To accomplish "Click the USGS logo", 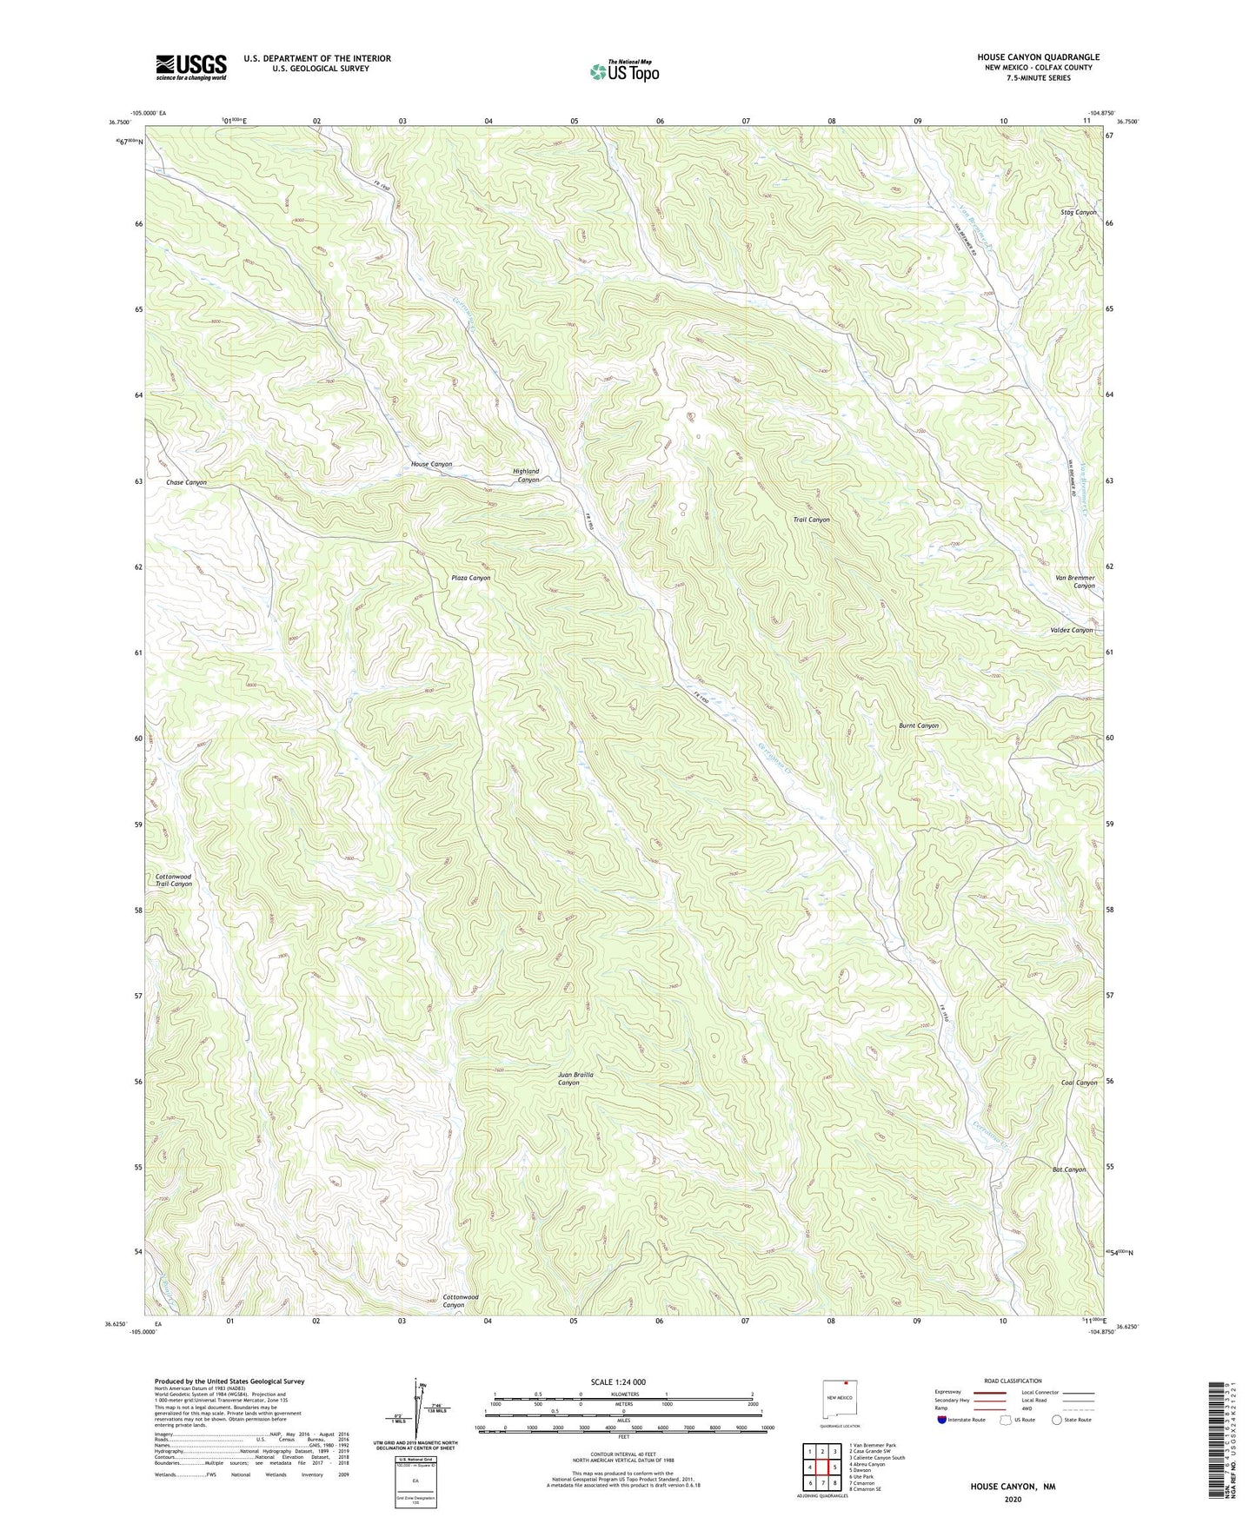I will pyautogui.click(x=191, y=67).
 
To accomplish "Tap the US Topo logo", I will pyautogui.click(x=623, y=71).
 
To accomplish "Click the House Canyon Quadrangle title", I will pyautogui.click(x=1038, y=57).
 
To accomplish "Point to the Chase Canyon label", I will pyautogui.click(x=186, y=482).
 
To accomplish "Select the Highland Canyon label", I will pyautogui.click(x=527, y=475).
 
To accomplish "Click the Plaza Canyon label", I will pyautogui.click(x=470, y=578).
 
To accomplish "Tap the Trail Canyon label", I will pyautogui.click(x=811, y=520).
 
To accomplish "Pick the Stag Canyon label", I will pyautogui.click(x=1079, y=212).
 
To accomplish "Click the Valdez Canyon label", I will pyautogui.click(x=1070, y=630).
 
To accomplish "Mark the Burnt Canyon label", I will pyautogui.click(x=919, y=725).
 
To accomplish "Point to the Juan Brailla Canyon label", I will pyautogui.click(x=575, y=1078).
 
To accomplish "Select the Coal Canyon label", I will pyautogui.click(x=1079, y=1083).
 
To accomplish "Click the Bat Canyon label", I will pyautogui.click(x=1068, y=1169).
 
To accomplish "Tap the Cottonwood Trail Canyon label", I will pyautogui.click(x=173, y=880).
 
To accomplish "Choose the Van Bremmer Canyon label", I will pyautogui.click(x=1075, y=581).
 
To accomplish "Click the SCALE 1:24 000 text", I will pyautogui.click(x=617, y=1381).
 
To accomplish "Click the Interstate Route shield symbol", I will pyautogui.click(x=942, y=1420).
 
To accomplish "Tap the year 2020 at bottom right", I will pyautogui.click(x=1013, y=1499).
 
